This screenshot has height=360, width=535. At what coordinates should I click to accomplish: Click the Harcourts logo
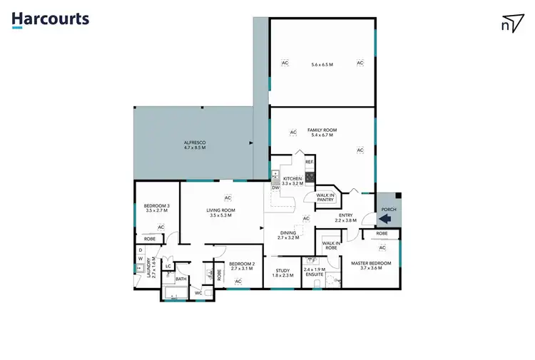50,19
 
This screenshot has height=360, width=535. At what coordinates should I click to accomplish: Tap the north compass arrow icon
511,23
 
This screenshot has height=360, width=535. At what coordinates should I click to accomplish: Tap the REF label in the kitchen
309,163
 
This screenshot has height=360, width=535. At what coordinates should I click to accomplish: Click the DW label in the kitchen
275,187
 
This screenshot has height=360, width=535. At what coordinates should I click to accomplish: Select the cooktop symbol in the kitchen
310,176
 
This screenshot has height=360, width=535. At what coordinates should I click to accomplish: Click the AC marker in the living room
228,197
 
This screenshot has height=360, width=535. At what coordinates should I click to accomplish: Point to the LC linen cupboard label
168,266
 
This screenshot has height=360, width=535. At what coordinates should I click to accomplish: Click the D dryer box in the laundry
140,250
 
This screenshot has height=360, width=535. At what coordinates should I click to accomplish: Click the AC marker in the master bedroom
382,247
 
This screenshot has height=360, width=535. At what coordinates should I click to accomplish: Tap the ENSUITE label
314,273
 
